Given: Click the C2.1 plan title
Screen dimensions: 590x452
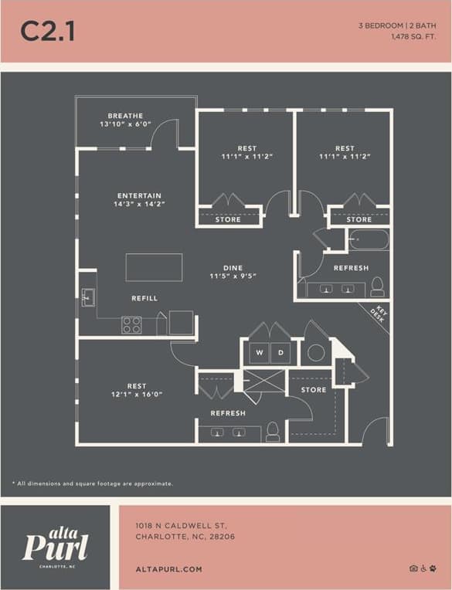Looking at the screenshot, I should coord(47,31).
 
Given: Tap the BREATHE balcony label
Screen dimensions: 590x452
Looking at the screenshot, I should coord(125,116).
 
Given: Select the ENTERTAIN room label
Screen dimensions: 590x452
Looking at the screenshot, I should coord(139,195).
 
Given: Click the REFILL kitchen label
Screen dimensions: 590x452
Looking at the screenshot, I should coord(144,298).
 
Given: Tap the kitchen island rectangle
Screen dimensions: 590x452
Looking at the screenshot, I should coord(154,267).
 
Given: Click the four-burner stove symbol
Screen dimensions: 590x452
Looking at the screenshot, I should coord(131,325).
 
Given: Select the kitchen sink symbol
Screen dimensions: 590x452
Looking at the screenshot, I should coord(87,298).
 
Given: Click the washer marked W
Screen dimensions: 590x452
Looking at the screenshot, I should coord(259,353).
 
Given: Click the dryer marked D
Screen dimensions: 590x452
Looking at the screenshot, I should coord(280,353).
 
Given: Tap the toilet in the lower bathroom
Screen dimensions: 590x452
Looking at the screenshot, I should coord(273,433).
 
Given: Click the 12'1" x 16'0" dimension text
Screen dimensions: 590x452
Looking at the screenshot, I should coord(137,395).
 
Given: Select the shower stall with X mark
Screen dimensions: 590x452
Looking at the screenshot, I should coord(263,382).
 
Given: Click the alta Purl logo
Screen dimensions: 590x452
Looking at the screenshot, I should coord(55,545).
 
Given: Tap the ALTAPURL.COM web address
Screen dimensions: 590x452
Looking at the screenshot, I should coord(168,569).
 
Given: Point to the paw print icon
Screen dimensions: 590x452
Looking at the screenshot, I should coord(433,568).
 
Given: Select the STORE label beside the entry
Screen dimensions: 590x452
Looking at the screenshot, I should coord(313,390).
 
